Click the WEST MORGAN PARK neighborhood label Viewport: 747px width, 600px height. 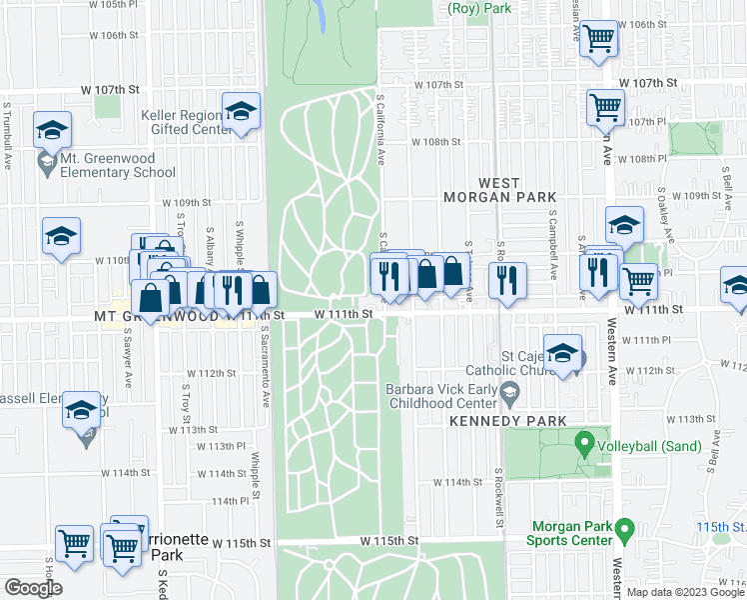pos(485,190)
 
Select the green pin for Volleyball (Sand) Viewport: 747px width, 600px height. pos(584,441)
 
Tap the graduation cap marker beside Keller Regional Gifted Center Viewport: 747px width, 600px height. pos(242,114)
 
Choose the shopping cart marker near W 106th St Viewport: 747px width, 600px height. pos(599,40)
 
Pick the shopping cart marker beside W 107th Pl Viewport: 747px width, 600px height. pos(605,108)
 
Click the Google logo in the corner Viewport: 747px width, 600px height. pos(33,588)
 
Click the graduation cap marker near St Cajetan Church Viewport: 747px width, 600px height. pos(563,355)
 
